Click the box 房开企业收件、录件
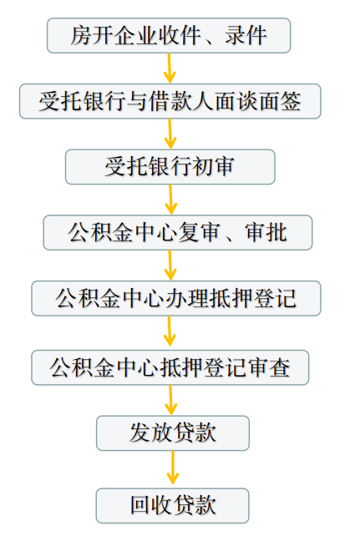tap(169, 36)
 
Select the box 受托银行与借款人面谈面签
tap(170, 101)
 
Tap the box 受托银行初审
tap(170, 167)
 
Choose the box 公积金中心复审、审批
tap(178, 232)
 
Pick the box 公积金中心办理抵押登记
tap(176, 298)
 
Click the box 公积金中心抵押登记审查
tap(170, 367)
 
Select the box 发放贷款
tap(173, 433)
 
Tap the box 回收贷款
tap(173, 506)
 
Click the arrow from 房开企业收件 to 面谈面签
tap(170, 68)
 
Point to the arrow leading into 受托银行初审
tap(170, 134)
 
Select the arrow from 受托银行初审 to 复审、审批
tap(170, 200)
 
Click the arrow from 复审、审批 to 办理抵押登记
tap(170, 265)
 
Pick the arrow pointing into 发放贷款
tap(170, 400)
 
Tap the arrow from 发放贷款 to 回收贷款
tap(173, 469)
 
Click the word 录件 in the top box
tap(246, 36)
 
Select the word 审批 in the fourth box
tap(266, 232)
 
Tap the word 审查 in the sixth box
tap(270, 368)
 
